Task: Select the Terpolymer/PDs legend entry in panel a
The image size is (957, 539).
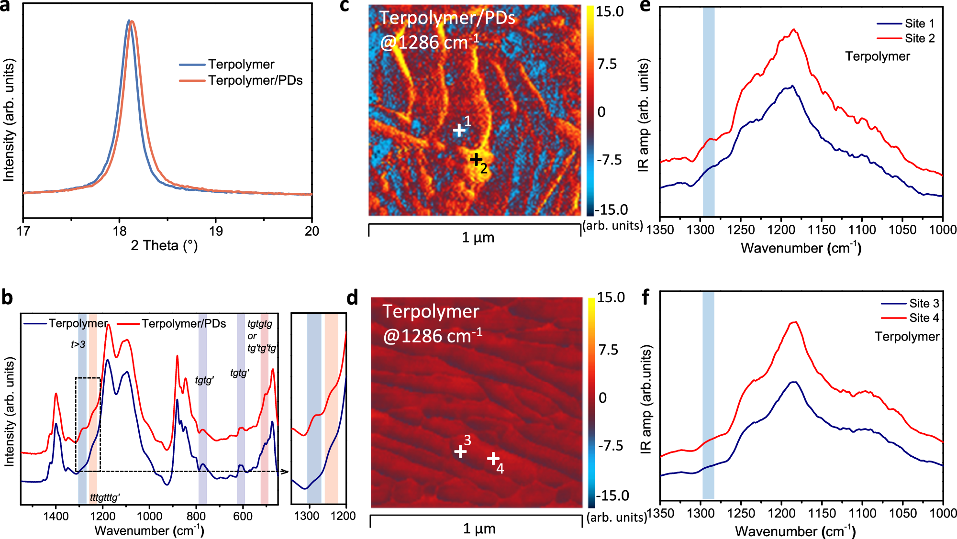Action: click(x=255, y=80)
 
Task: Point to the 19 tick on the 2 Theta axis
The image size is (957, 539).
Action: click(x=216, y=231)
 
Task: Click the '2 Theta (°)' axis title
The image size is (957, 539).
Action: click(x=164, y=246)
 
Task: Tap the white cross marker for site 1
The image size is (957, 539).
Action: click(x=459, y=130)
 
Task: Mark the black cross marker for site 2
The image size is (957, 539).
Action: click(x=476, y=159)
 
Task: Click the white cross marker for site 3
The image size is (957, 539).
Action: click(x=460, y=451)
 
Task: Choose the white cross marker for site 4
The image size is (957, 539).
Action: click(x=493, y=459)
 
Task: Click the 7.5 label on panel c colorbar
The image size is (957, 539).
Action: click(x=607, y=65)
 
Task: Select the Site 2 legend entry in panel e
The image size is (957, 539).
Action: click(x=919, y=38)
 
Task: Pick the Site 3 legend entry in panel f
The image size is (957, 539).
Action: click(x=924, y=303)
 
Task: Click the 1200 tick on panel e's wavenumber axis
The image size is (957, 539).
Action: click(x=781, y=230)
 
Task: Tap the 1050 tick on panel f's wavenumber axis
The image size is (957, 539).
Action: click(x=902, y=514)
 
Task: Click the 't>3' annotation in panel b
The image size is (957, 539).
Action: click(x=78, y=344)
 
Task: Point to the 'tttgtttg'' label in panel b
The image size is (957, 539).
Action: click(x=105, y=498)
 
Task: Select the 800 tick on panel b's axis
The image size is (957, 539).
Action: click(x=196, y=517)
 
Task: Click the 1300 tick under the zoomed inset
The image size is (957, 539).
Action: click(x=307, y=516)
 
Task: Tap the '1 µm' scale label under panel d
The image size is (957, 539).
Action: click(x=479, y=528)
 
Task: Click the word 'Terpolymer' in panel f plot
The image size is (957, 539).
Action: click(x=907, y=337)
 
